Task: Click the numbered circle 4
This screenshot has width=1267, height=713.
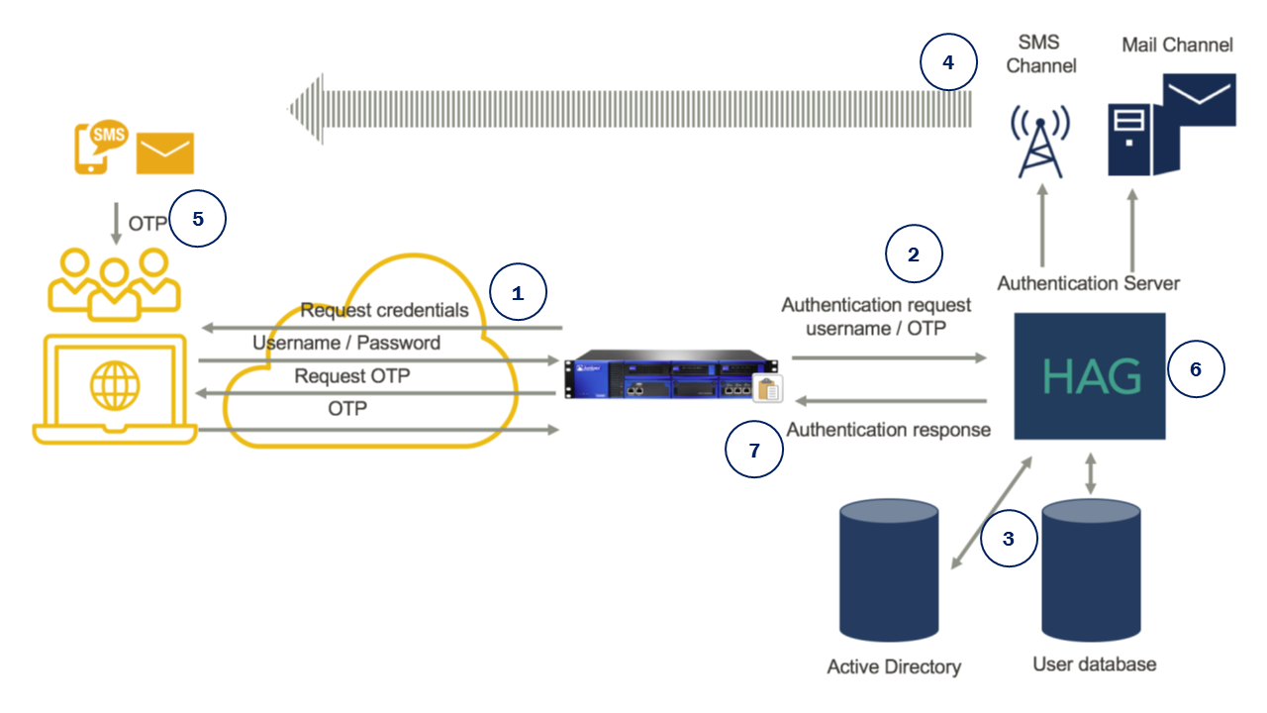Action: tap(948, 62)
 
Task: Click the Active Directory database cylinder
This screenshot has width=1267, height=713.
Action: tap(888, 571)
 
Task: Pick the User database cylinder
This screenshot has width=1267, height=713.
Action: tap(1091, 571)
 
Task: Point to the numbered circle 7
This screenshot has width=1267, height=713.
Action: tap(754, 451)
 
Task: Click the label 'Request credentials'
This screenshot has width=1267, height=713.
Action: tap(384, 310)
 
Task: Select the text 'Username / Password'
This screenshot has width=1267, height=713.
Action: tap(346, 343)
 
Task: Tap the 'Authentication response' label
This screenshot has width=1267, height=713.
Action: tap(888, 430)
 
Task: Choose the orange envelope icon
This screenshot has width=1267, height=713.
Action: tap(165, 153)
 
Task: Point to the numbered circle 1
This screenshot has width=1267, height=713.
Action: tap(518, 293)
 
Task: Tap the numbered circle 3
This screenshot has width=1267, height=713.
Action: tap(1009, 540)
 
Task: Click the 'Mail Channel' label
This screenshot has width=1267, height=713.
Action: tap(1177, 45)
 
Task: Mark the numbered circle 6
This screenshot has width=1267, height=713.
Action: tap(1195, 369)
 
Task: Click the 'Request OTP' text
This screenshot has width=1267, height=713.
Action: tap(351, 376)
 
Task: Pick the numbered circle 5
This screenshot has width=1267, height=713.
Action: tap(198, 219)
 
